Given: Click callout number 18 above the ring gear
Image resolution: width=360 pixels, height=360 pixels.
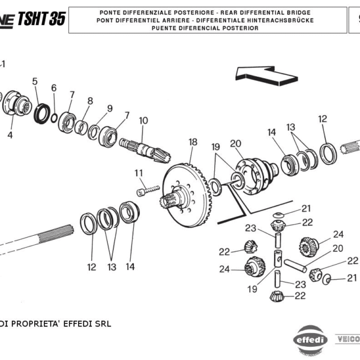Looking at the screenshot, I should click(x=193, y=142).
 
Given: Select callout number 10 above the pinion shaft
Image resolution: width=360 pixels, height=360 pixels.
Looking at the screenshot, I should click(x=143, y=121).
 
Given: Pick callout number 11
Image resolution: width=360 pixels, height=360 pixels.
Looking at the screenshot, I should click(x=139, y=174).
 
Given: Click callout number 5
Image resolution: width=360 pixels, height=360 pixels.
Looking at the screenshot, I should click(x=35, y=82).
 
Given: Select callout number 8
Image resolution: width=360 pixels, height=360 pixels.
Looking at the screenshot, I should click(x=90, y=101).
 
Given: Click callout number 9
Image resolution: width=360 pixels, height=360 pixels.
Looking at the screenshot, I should click(x=109, y=109).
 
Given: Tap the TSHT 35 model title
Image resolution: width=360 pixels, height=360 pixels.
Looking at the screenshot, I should click(x=41, y=19).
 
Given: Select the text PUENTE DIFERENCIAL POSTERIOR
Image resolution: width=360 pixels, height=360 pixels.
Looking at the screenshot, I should click(x=205, y=28).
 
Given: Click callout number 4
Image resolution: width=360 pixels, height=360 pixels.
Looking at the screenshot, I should click(x=10, y=136).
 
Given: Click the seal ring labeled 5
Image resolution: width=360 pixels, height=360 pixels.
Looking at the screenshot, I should click(x=42, y=112).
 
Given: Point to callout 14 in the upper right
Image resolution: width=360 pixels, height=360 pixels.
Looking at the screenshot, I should click(x=272, y=132).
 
